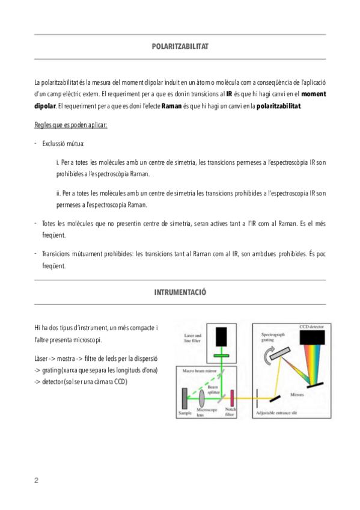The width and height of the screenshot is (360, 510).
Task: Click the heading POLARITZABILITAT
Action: pyautogui.click(x=180, y=46)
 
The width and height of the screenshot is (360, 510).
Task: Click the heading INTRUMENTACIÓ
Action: pyautogui.click(x=180, y=292)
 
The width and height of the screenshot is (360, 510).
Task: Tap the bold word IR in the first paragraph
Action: pyautogui.click(x=229, y=94)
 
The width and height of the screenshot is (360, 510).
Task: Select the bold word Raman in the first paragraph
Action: pyautogui.click(x=171, y=106)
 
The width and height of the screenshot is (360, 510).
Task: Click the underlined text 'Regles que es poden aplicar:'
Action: pyautogui.click(x=71, y=125)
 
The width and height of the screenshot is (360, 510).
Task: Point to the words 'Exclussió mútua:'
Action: pyautogui.click(x=63, y=144)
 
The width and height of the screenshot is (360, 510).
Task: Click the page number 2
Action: pyautogui.click(x=37, y=481)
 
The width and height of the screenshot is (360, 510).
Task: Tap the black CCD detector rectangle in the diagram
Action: pyautogui.click(x=312, y=337)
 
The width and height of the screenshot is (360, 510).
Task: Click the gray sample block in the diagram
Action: pyautogui.click(x=185, y=398)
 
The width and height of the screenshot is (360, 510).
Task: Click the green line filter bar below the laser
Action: pyautogui.click(x=221, y=355)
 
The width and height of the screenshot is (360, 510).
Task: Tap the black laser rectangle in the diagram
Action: pyautogui.click(x=221, y=337)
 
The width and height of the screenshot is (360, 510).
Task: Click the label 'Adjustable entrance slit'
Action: pyautogui.click(x=276, y=413)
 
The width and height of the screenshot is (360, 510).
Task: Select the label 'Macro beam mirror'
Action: pyautogui.click(x=199, y=371)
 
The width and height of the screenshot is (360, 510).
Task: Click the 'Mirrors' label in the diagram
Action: pyautogui.click(x=297, y=395)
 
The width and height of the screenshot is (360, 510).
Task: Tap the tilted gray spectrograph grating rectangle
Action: pyautogui.click(x=280, y=353)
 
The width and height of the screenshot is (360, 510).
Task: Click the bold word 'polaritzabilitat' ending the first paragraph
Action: pyautogui.click(x=278, y=106)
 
